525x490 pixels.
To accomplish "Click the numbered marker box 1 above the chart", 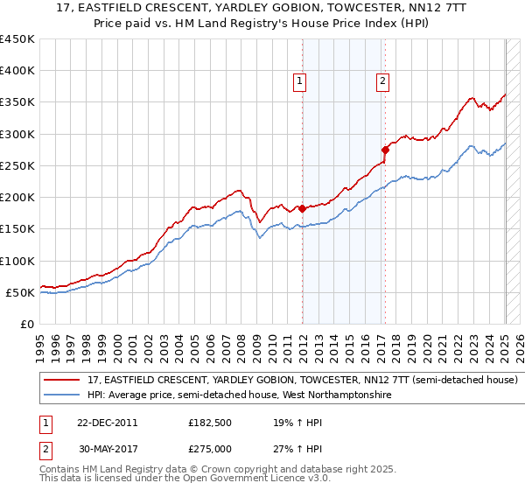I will [x=300, y=81].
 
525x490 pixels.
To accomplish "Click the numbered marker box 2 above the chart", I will [x=383, y=81].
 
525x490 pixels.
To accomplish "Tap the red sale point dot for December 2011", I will [x=303, y=208].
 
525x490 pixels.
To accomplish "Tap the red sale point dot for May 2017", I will [x=385, y=150].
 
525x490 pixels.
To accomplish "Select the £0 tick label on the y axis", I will [x=26, y=324].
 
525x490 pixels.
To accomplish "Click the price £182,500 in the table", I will [x=210, y=422].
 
